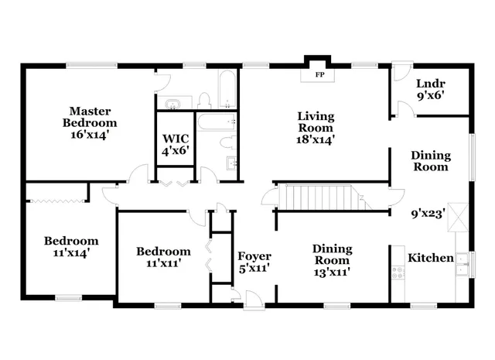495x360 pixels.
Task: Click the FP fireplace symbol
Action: pyautogui.click(x=319, y=75)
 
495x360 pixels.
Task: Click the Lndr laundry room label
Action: pyautogui.click(x=429, y=84)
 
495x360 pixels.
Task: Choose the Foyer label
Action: pyautogui.click(x=254, y=256)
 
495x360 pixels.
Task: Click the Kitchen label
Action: pyautogui.click(x=430, y=258)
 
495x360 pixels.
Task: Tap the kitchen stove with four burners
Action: pyautogui.click(x=399, y=273)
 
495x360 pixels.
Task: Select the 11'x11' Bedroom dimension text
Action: pyautogui.click(x=163, y=263)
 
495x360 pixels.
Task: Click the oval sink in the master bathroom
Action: pyautogui.click(x=172, y=102)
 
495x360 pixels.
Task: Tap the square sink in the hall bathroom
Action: pyautogui.click(x=231, y=163)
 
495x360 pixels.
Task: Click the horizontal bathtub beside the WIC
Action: pyautogui.click(x=217, y=122)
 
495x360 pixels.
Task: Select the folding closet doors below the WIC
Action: pyautogui.click(x=175, y=183)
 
